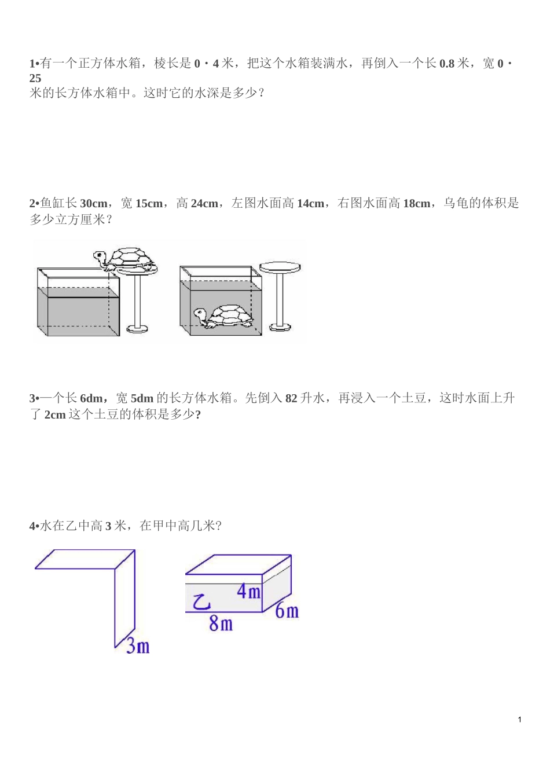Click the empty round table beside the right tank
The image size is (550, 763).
pyautogui.click(x=280, y=268)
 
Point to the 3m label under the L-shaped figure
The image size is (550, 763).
pyautogui.click(x=138, y=645)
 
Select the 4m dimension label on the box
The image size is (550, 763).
pyautogui.click(x=249, y=591)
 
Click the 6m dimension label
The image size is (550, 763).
pyautogui.click(x=287, y=610)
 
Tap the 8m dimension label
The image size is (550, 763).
pyautogui.click(x=221, y=623)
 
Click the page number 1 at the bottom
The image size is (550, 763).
pyautogui.click(x=519, y=720)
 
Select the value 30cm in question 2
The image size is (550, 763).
pyautogui.click(x=93, y=204)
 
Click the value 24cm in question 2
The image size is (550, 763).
pyautogui.click(x=204, y=204)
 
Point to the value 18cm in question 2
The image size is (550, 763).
pyautogui.click(x=416, y=204)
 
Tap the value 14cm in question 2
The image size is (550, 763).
pyautogui.click(x=310, y=204)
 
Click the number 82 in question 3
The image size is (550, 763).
pyautogui.click(x=291, y=398)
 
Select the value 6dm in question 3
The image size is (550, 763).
pyautogui.click(x=91, y=398)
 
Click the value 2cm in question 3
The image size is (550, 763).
pyautogui.click(x=55, y=415)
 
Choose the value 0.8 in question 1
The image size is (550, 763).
pyautogui.click(x=447, y=64)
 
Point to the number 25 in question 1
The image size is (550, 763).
pyautogui.click(x=35, y=78)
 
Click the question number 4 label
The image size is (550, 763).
pyautogui.click(x=32, y=526)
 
